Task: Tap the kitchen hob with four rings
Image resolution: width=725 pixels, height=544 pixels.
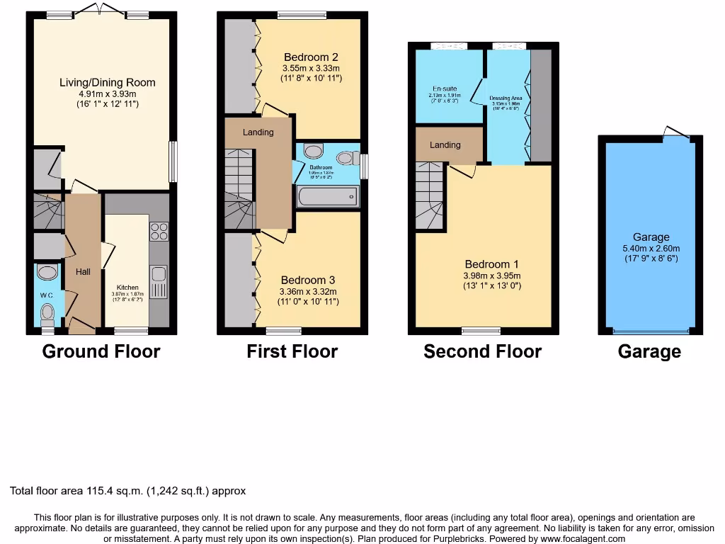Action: (x=159, y=232)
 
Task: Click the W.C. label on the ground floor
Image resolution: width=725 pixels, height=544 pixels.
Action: (x=47, y=295)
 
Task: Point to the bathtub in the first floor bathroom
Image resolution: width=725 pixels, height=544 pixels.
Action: (x=328, y=196)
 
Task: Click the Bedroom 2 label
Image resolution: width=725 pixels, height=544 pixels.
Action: (x=311, y=57)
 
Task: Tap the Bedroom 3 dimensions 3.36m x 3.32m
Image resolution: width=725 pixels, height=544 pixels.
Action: (x=308, y=291)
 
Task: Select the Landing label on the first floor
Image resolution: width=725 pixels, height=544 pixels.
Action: (x=258, y=132)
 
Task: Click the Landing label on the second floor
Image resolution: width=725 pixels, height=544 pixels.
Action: (x=445, y=144)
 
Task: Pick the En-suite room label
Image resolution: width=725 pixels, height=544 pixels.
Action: (x=445, y=89)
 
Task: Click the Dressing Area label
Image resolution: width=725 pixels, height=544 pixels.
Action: (x=506, y=98)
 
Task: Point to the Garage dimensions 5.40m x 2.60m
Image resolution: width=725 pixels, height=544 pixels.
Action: (x=651, y=248)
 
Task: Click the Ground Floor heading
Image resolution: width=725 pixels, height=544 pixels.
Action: (x=101, y=351)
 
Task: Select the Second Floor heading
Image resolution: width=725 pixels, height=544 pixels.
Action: (x=482, y=351)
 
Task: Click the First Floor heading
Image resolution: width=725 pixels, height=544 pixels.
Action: (x=292, y=351)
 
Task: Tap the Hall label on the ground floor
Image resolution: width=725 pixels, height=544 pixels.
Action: (x=83, y=272)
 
